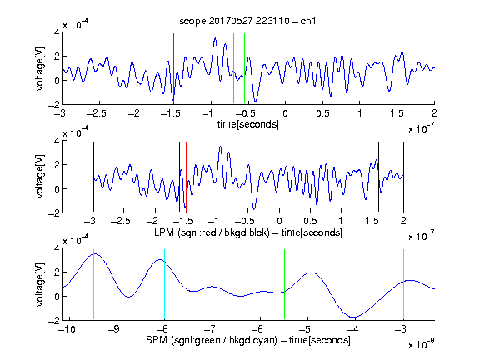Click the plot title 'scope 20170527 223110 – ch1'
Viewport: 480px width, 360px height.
[247, 21]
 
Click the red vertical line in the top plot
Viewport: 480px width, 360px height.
[174, 69]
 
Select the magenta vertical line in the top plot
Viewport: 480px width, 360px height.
[397, 69]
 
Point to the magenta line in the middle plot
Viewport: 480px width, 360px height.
[372, 177]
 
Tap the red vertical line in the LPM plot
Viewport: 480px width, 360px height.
[186, 177]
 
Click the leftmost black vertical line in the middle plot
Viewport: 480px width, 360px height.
[93, 177]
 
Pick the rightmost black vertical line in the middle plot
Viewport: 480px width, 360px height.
[404, 177]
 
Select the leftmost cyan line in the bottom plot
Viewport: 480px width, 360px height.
[93, 284]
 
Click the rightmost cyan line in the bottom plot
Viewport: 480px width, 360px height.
[404, 284]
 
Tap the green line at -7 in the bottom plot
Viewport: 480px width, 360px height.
[212, 284]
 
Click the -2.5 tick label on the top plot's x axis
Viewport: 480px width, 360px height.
[97, 113]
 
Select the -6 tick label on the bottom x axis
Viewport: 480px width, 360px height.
[260, 329]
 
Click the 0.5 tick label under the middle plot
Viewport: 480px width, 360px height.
[310, 221]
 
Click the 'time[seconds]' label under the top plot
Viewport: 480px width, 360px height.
[248, 124]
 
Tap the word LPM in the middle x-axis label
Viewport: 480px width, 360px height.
[164, 232]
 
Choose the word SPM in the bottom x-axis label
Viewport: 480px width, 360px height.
[157, 340]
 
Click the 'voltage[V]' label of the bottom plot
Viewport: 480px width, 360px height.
[40, 284]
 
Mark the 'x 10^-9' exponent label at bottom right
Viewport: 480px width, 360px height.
[422, 344]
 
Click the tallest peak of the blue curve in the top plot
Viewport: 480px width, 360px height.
[215, 38]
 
